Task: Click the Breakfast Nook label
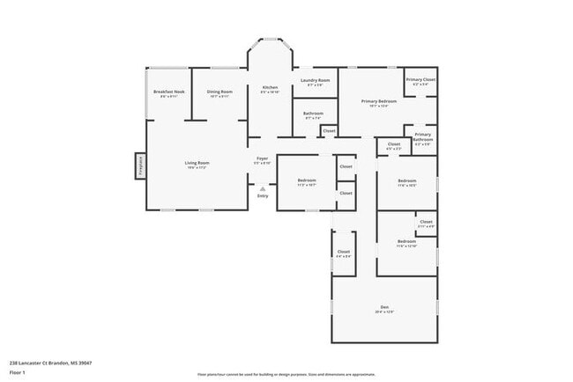pyautogui.click(x=168, y=92)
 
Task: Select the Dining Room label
pyautogui.click(x=220, y=92)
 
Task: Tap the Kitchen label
pyautogui.click(x=270, y=88)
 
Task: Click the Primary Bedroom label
pyautogui.click(x=378, y=102)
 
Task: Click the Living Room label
pyautogui.click(x=197, y=164)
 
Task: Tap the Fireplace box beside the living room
pyautogui.click(x=139, y=165)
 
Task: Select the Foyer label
pyautogui.click(x=262, y=160)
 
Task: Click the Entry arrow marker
pyautogui.click(x=262, y=187)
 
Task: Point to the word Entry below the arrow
pyautogui.click(x=262, y=195)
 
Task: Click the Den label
pyautogui.click(x=384, y=307)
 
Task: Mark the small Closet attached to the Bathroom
pyautogui.click(x=329, y=131)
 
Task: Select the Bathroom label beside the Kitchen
pyautogui.click(x=313, y=114)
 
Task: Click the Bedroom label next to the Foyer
pyautogui.click(x=306, y=181)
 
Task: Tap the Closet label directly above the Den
pyautogui.click(x=343, y=253)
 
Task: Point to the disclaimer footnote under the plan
pyautogui.click(x=286, y=374)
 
